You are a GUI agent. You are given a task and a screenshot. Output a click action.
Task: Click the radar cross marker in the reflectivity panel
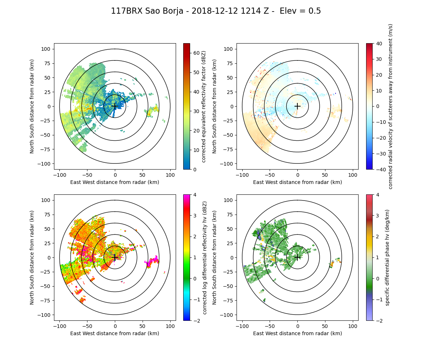(x=115, y=106)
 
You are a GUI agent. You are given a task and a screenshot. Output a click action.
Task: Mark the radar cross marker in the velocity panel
(x=297, y=106)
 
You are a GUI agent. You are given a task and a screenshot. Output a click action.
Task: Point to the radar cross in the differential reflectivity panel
(x=115, y=257)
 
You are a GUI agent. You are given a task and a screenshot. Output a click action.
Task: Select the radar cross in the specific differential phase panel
(x=297, y=257)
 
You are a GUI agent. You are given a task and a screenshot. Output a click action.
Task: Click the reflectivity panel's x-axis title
(x=115, y=182)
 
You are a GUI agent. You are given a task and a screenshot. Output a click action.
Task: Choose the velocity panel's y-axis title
(x=215, y=106)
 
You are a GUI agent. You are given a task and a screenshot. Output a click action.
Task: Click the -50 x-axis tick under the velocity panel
(x=270, y=175)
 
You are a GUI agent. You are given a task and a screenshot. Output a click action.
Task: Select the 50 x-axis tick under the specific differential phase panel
(x=325, y=326)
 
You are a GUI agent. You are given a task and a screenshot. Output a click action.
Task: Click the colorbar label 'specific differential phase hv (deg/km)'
(x=387, y=257)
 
